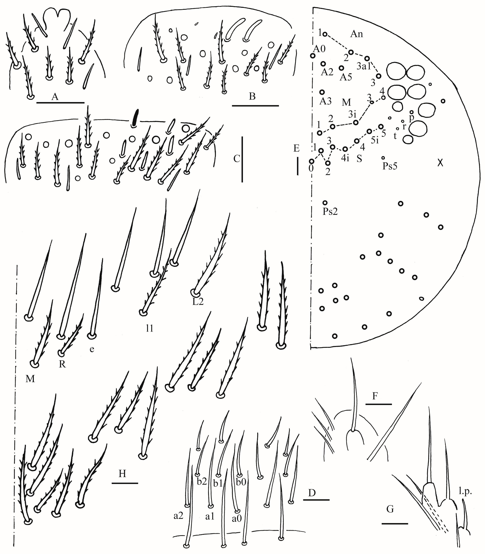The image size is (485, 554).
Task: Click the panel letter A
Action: pyautogui.click(x=55, y=97)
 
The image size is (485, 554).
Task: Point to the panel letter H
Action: pyautogui.click(x=122, y=473)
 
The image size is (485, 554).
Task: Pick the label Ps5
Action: pyautogui.click(x=390, y=166)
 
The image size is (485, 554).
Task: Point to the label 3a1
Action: pyautogui.click(x=364, y=66)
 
